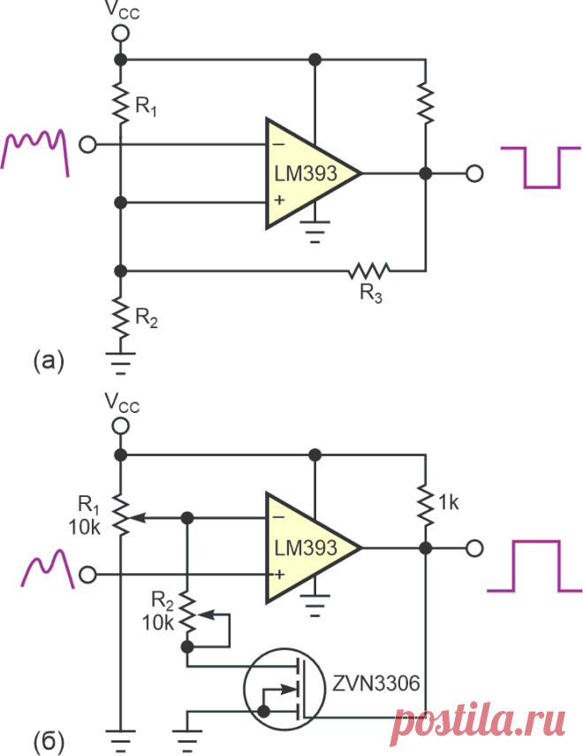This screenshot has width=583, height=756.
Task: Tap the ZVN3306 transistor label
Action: [376, 683]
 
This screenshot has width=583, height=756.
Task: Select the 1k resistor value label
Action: [449, 503]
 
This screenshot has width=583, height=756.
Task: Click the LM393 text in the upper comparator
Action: [306, 173]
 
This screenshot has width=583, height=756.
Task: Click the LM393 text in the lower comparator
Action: [306, 547]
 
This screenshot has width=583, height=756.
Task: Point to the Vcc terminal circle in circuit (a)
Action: [120, 34]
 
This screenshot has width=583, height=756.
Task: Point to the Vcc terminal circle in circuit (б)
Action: [120, 426]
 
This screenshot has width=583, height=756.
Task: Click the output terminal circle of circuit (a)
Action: [474, 173]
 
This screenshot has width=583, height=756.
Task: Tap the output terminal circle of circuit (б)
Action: [474, 548]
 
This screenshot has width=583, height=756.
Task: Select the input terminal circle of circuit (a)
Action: [87, 144]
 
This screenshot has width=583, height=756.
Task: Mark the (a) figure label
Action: [49, 361]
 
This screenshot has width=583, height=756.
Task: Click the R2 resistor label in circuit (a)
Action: [147, 318]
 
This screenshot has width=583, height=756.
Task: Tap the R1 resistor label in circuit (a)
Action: [146, 106]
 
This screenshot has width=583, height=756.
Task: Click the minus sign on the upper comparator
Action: [279, 143]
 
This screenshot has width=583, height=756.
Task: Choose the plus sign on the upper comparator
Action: [279, 200]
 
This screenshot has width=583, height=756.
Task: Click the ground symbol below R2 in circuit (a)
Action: [120, 363]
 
